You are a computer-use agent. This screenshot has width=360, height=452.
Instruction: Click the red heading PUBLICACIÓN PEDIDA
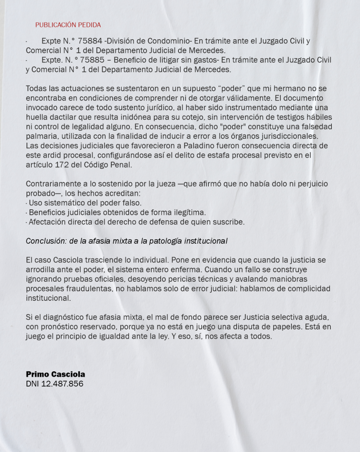tap(68, 25)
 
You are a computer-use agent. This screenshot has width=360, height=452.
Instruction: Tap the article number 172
tap(62, 165)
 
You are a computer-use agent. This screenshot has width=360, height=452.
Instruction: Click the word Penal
tap(121, 165)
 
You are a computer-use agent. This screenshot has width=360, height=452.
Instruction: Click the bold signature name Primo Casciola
tap(55, 374)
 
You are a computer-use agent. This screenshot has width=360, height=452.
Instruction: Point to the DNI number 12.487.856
tap(62, 384)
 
